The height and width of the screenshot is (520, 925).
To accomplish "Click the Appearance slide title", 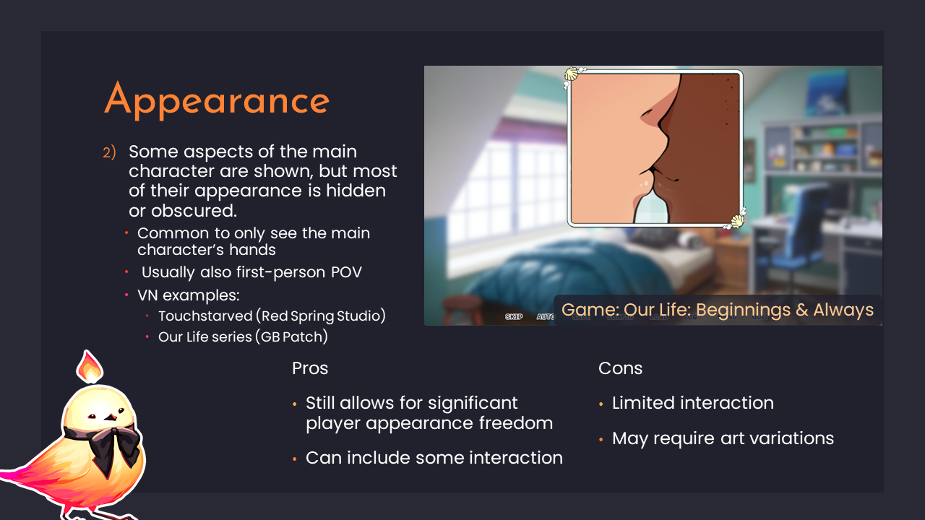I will tap(217, 100).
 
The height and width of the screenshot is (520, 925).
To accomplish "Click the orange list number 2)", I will tap(109, 153).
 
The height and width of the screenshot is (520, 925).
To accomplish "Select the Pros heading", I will tap(310, 368).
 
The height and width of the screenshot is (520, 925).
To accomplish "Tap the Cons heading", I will tap(620, 368).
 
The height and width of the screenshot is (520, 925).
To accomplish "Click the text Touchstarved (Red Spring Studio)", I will tap(272, 316).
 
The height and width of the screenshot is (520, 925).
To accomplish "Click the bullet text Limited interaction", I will tap(692, 403).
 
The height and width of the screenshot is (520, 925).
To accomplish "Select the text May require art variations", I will tap(723, 438).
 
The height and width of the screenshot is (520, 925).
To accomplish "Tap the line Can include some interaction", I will tap(434, 458).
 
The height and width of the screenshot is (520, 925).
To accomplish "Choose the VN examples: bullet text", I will tap(188, 295).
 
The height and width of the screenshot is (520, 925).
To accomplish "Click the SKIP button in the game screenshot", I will tap(514, 317).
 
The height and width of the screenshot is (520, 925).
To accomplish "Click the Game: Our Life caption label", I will tap(717, 311).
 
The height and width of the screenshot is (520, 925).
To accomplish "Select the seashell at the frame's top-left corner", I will tap(572, 74).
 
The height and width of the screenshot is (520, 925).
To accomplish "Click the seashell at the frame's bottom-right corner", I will tap(737, 221).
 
